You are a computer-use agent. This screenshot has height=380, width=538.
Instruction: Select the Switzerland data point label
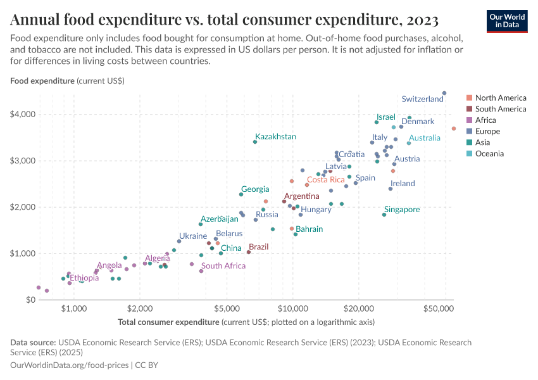(422, 99)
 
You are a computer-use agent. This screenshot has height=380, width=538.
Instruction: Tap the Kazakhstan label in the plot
(275, 137)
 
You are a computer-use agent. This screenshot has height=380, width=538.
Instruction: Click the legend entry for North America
(500, 98)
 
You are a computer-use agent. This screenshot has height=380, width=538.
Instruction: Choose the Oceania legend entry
(489, 153)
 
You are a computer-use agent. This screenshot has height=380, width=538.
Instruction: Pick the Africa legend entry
(485, 120)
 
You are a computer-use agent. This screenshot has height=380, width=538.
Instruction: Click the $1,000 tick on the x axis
(74, 308)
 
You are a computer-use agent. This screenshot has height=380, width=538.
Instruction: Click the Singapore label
(402, 210)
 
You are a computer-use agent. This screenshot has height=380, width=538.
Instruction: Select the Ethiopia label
(84, 278)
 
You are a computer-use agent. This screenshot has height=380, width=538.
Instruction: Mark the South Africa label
(223, 266)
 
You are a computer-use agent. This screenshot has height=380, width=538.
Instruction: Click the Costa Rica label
(325, 180)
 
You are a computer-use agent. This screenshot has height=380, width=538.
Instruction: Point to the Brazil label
(259, 247)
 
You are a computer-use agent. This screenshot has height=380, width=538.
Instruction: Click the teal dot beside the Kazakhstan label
(255, 142)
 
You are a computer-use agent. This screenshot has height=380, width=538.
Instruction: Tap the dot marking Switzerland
(444, 93)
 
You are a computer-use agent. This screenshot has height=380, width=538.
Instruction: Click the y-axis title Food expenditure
(42, 81)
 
